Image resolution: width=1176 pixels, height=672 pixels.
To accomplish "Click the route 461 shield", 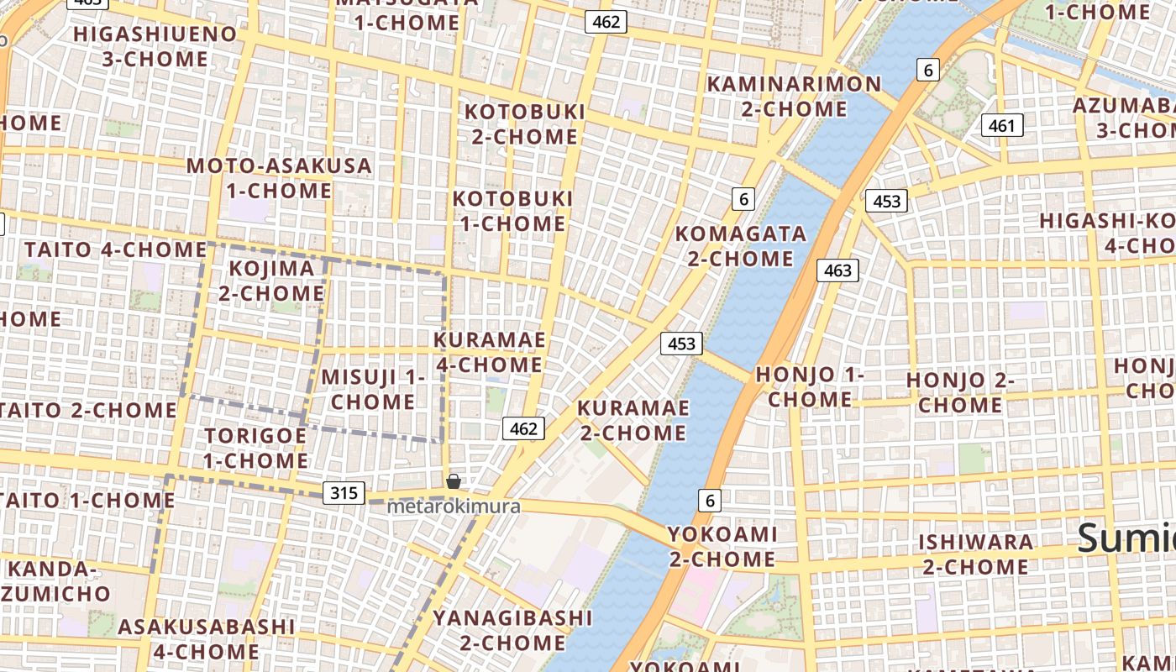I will click(x=1001, y=126).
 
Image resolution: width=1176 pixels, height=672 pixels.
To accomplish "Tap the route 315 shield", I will click(x=344, y=493).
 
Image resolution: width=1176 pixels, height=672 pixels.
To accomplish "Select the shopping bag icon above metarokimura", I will click(x=454, y=481).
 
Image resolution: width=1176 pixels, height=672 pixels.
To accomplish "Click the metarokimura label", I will click(x=454, y=507).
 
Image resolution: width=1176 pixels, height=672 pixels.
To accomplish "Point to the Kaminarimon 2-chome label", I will click(x=794, y=97).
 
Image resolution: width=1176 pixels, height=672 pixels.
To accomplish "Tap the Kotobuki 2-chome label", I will click(x=525, y=124).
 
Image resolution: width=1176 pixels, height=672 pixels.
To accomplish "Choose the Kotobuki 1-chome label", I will click(x=512, y=211).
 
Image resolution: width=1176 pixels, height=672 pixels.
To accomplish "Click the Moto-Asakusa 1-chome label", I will click(x=280, y=178).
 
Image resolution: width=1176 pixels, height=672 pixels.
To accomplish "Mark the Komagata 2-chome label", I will click(x=741, y=245).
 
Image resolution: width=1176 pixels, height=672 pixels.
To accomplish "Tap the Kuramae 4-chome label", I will click(x=490, y=352).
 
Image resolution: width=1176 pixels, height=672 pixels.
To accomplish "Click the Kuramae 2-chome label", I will click(x=633, y=420).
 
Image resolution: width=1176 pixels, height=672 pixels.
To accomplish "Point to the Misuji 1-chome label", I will click(x=373, y=389).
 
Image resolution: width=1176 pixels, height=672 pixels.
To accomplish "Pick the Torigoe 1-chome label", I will click(x=255, y=448).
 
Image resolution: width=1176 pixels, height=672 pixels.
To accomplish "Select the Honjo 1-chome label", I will click(x=810, y=386).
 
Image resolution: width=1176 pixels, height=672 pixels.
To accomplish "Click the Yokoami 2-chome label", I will click(x=722, y=546).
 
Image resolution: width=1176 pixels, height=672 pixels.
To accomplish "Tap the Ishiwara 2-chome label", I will click(x=974, y=554).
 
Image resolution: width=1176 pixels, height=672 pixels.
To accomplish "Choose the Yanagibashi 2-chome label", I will click(x=512, y=630).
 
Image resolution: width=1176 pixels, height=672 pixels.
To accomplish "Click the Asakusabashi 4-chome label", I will click(x=206, y=638).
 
